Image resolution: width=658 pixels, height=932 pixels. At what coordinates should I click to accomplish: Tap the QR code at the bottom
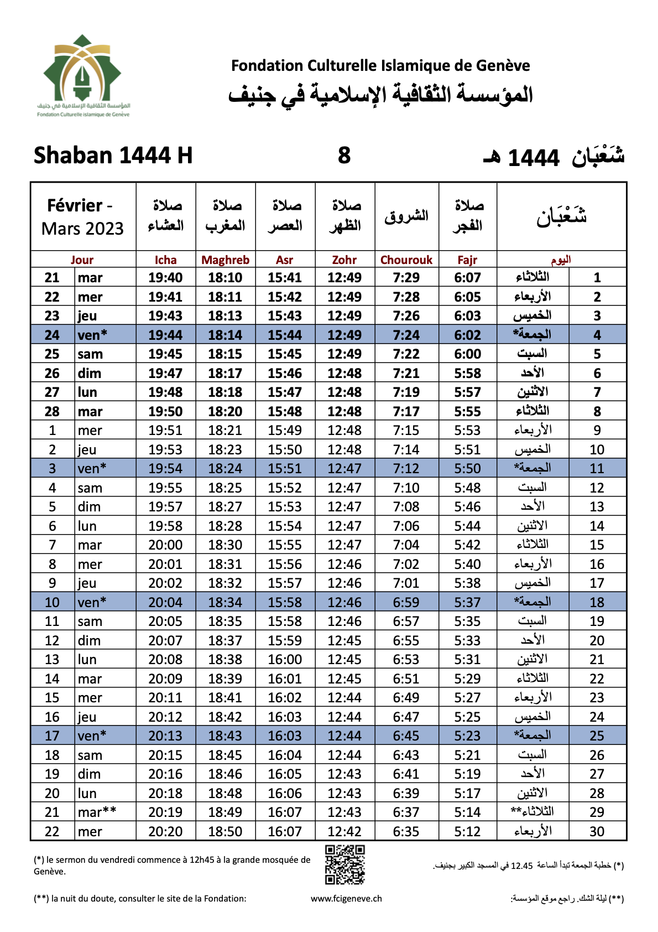(x=344, y=864)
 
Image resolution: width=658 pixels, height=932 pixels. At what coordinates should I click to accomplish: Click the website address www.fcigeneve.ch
(x=346, y=899)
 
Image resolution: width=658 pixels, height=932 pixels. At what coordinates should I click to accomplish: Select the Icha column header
(x=165, y=260)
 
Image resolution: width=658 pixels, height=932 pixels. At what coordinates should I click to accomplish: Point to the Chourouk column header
(x=406, y=260)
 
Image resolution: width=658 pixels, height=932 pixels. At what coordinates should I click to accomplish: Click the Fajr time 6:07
(x=467, y=278)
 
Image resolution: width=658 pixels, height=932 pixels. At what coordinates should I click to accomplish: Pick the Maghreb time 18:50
(x=225, y=831)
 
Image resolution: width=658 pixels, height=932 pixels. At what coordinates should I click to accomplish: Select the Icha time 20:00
(x=165, y=545)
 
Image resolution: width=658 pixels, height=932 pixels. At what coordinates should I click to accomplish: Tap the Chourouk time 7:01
(x=406, y=583)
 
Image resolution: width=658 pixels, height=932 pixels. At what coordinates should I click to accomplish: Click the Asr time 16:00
(x=285, y=660)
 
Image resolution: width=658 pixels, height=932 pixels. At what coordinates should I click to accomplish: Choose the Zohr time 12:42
(x=344, y=831)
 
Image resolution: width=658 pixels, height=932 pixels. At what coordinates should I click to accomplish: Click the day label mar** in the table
(x=97, y=812)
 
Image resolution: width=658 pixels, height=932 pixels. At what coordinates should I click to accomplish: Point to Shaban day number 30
(x=597, y=831)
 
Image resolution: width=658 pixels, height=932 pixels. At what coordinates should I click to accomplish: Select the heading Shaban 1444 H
(x=113, y=156)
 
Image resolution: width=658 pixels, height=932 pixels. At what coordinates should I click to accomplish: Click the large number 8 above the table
(x=344, y=156)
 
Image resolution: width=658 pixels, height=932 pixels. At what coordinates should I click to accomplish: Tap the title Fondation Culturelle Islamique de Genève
(x=380, y=66)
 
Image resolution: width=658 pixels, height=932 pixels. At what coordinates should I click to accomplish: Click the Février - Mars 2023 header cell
(x=83, y=217)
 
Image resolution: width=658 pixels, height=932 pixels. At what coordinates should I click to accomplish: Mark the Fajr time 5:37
(x=467, y=602)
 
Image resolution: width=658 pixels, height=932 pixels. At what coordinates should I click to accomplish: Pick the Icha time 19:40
(x=165, y=278)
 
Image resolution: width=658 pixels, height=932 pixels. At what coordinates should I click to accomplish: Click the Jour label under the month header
(x=82, y=260)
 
